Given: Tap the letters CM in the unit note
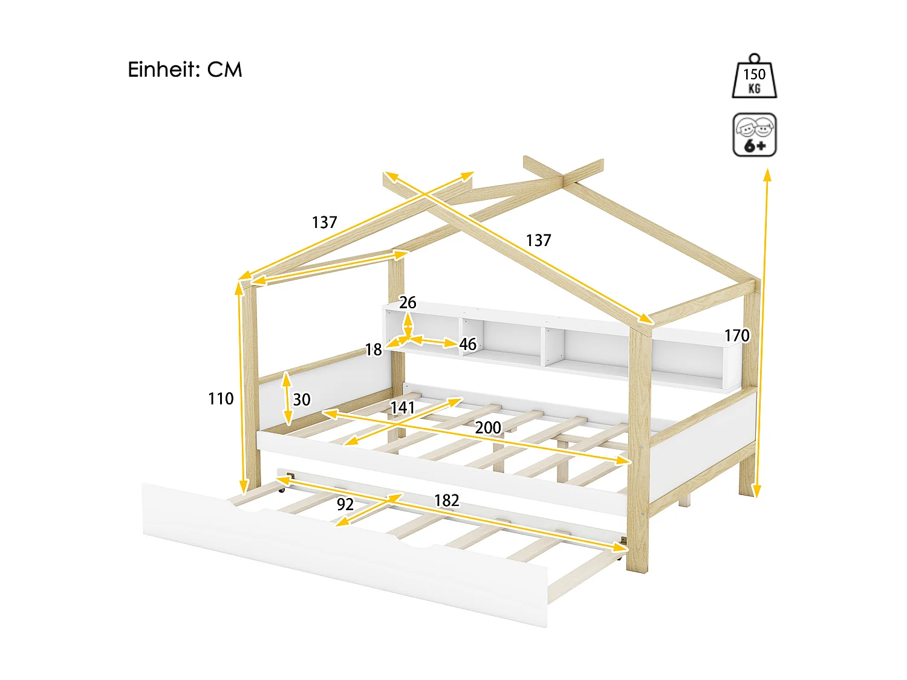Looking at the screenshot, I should click(224, 70).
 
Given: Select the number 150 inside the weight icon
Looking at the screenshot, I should click(754, 74).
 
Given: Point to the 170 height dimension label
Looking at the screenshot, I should click(736, 335).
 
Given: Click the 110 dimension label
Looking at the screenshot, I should click(221, 399).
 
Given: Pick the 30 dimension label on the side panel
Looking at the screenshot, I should click(302, 400).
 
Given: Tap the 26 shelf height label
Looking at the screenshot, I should click(408, 303).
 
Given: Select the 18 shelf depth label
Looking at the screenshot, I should click(373, 350).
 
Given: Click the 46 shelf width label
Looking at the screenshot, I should click(467, 345).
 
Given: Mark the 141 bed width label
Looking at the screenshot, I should click(403, 408).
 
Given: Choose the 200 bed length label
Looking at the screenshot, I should click(488, 428).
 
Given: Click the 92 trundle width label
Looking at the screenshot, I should click(345, 505).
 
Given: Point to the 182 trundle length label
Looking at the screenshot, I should click(446, 500).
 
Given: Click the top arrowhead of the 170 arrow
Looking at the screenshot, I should click(767, 175).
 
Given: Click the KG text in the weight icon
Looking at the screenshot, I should click(754, 89).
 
